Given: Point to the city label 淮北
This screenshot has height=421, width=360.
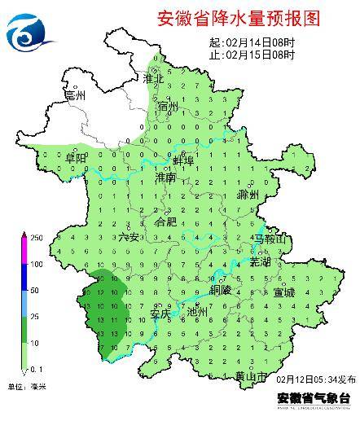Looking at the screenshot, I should coord(154,79).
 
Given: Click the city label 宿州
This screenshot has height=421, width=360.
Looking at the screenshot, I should coord(169,107).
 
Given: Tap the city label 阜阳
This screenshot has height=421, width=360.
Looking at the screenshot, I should coord(75,156).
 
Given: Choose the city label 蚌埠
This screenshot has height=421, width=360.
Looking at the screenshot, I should coord(183,160).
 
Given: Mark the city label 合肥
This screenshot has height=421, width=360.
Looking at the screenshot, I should coord(165,221).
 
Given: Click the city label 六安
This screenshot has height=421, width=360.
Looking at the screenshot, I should coord(129,237).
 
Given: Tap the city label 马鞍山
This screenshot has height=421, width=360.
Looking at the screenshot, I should coord(270,239).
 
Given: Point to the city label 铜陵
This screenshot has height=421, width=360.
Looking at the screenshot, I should coord(221,289).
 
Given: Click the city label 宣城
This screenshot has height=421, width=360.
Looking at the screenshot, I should coord(284,292).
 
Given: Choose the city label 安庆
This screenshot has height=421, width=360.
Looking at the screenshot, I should coord(160,312).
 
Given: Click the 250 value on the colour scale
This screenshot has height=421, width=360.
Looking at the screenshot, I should coord(37,237).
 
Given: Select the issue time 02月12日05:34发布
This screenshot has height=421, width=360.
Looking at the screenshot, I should coord(316,380).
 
